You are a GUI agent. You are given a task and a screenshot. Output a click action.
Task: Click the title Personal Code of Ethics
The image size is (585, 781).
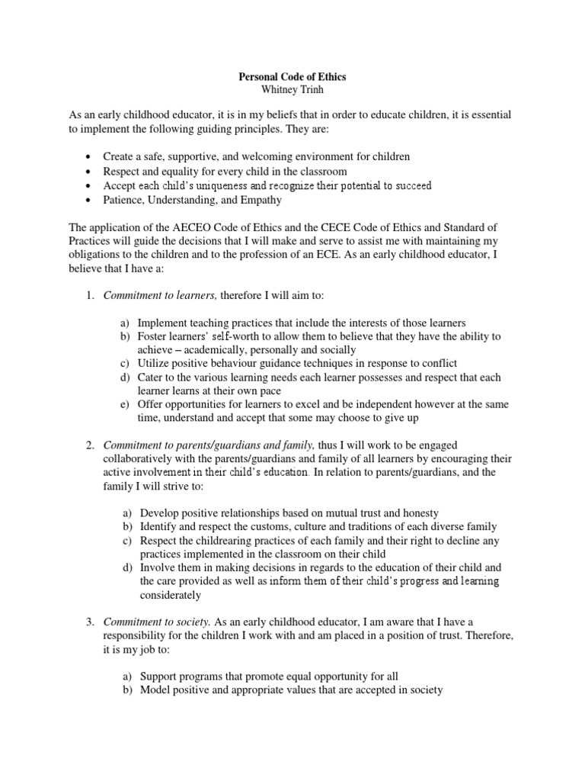point(292,78)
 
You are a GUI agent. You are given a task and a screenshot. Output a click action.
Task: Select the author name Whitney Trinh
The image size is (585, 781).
point(292,92)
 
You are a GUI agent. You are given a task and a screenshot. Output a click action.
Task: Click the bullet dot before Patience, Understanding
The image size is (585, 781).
point(90,201)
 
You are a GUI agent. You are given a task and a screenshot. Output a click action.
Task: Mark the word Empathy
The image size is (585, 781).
point(261,201)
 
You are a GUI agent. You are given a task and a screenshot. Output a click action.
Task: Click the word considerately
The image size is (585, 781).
point(170,595)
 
